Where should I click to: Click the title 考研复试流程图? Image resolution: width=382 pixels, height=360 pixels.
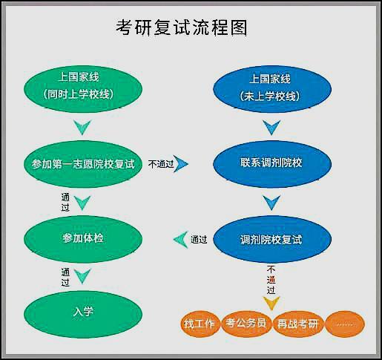[182, 27]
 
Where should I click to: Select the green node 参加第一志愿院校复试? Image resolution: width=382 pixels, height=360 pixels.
[83, 164]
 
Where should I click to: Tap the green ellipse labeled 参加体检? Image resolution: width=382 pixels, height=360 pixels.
[83, 239]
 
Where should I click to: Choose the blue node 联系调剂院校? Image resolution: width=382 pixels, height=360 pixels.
[272, 164]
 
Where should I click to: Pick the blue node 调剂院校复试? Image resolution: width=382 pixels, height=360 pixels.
[272, 239]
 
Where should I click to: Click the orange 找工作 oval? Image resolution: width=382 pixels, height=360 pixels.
[200, 324]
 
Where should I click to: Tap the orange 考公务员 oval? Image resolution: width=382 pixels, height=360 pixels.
[246, 324]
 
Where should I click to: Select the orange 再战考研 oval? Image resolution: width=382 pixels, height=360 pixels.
[297, 324]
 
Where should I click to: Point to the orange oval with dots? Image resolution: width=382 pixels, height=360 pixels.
[345, 324]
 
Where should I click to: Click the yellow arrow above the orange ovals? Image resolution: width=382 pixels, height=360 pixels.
[271, 303]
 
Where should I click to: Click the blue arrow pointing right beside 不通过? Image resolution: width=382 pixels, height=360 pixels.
[181, 163]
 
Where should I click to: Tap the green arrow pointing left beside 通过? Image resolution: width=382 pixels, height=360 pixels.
[181, 240]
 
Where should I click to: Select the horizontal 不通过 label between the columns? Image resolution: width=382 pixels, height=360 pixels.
[161, 164]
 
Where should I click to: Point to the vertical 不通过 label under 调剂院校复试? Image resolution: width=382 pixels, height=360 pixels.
[271, 280]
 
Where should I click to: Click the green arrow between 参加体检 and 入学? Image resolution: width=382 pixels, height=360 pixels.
[82, 276]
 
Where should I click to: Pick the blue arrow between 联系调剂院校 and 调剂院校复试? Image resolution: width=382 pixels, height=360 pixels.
[271, 203]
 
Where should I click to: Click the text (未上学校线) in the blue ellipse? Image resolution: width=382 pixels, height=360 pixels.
[270, 96]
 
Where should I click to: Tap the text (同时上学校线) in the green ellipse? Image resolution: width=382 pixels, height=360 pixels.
[79, 94]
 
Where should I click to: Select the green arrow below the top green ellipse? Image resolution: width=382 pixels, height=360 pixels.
[82, 127]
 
